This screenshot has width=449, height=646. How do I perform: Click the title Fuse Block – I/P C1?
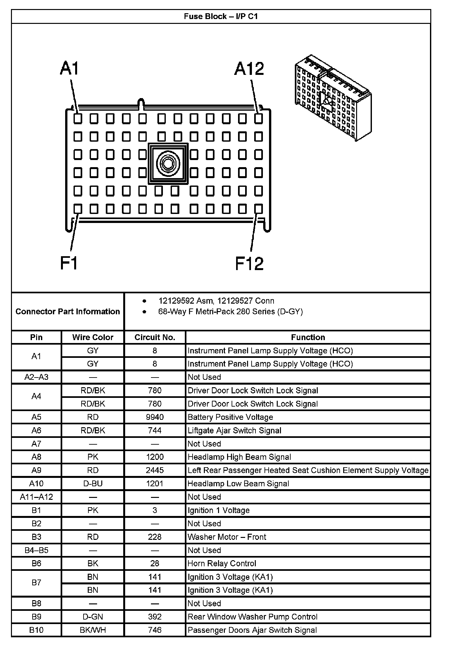point(221,16)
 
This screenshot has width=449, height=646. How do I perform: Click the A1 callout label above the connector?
point(69,69)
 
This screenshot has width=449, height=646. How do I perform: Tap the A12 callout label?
point(249,69)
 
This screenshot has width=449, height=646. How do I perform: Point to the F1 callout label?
point(69,263)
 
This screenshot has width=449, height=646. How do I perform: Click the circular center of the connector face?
point(168,164)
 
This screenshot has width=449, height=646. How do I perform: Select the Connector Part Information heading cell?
point(68,311)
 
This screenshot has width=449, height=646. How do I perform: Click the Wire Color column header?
point(93,337)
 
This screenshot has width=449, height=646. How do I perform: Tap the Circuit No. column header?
point(155,337)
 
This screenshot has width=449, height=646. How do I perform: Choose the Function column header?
point(308,337)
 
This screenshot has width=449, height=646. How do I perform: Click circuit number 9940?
point(155,417)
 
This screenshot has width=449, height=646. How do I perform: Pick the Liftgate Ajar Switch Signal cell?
point(234,430)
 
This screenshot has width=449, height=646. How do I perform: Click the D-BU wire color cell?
point(93,483)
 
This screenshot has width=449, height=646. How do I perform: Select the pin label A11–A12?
point(36,497)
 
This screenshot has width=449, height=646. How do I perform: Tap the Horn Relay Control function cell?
point(222,563)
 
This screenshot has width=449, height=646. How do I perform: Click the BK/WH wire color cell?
point(93,630)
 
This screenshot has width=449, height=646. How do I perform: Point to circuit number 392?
point(155,617)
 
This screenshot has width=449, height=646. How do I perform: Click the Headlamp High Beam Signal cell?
point(239,457)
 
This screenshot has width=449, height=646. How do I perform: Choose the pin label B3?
point(36,537)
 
